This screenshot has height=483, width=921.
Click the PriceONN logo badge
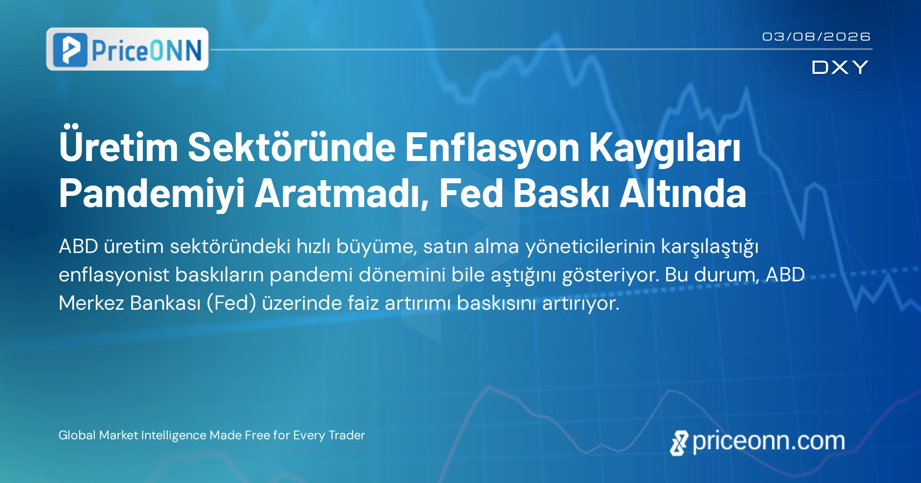[127, 49]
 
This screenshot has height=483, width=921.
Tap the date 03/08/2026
[816, 36]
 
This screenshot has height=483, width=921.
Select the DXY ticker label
[840, 67]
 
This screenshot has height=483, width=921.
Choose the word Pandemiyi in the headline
[152, 194]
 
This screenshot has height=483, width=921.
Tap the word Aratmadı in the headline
[342, 194]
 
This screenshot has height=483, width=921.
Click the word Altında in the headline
[683, 193]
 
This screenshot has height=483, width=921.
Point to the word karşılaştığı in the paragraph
[710, 247]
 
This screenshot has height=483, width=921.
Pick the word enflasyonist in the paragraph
[114, 275]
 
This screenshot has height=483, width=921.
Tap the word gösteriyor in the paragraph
[611, 275]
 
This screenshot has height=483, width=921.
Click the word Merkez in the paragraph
[91, 303]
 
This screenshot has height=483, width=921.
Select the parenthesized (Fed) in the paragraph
[231, 303]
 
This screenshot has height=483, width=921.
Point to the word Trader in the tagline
[347, 435]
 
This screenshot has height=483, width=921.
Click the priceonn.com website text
[769, 442]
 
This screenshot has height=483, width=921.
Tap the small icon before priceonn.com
[679, 443]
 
